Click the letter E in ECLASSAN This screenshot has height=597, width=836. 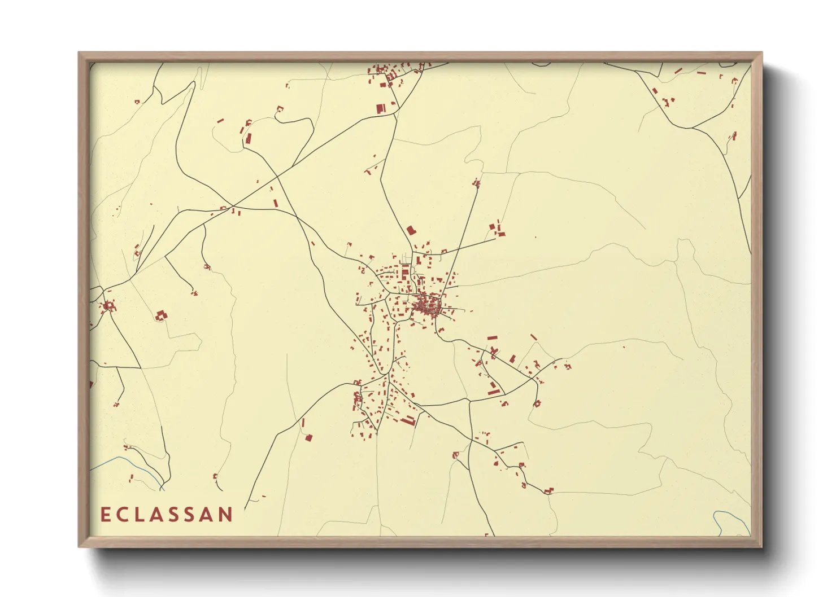coord(105,515)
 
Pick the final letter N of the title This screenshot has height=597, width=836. coord(225,515)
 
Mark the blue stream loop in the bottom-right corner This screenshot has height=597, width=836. coord(723,522)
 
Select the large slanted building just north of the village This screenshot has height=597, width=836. coord(411,230)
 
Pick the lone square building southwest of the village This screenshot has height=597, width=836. coord(308,437)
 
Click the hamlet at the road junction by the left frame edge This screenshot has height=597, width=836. coord(108,306)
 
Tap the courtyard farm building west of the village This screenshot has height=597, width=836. coord(161,315)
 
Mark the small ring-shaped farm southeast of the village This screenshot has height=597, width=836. coord(537,403)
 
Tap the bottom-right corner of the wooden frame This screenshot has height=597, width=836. coord(761,546)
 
